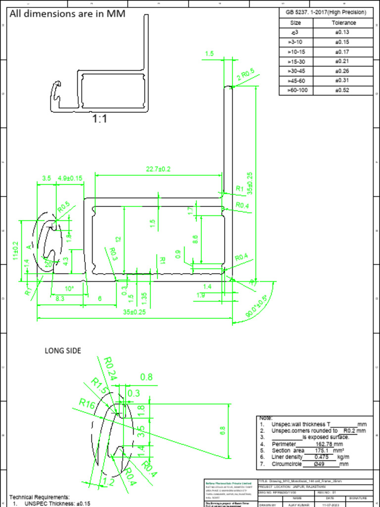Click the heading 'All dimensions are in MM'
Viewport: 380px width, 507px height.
(x=67, y=14)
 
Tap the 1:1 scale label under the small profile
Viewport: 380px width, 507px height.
(x=100, y=119)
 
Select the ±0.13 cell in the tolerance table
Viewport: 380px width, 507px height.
(x=342, y=32)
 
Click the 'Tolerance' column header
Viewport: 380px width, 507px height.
(x=343, y=23)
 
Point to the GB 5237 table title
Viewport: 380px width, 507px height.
(x=326, y=12)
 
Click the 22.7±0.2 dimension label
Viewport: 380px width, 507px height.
(x=158, y=169)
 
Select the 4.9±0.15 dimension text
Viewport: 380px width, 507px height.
(x=70, y=178)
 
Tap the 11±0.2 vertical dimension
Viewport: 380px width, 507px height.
(x=16, y=251)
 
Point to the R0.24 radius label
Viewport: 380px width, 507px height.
(x=110, y=369)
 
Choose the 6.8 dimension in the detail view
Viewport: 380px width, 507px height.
(x=222, y=431)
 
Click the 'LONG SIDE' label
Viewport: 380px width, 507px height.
(x=63, y=351)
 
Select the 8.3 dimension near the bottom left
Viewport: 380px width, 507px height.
(x=60, y=299)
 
